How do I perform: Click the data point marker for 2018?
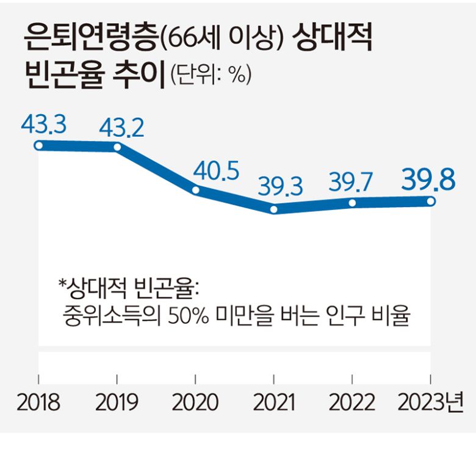coord(38,145)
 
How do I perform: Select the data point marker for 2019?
coord(117,147)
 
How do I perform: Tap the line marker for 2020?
coord(196,189)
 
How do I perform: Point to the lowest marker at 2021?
coord(274,209)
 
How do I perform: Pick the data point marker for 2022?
coord(352,202)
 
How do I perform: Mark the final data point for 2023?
coord(431,201)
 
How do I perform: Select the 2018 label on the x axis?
coord(38,403)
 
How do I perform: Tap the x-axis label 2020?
coord(195,403)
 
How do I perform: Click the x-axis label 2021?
coord(274,403)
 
